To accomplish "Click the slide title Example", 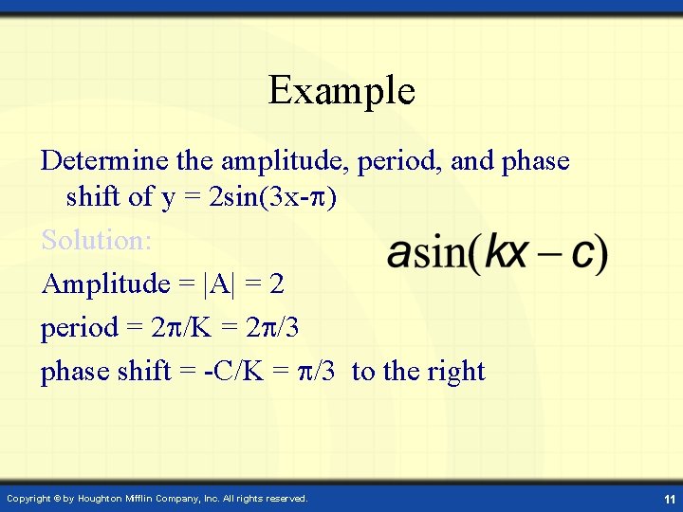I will [x=341, y=91].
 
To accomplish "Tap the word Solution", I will [x=96, y=241].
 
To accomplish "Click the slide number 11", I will [x=670, y=498].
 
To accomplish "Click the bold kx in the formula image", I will [x=507, y=253].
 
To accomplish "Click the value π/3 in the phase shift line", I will [x=316, y=372].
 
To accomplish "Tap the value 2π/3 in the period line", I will [x=279, y=328].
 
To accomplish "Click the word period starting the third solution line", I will [x=80, y=329].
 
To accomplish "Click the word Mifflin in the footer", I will [x=162, y=498].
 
